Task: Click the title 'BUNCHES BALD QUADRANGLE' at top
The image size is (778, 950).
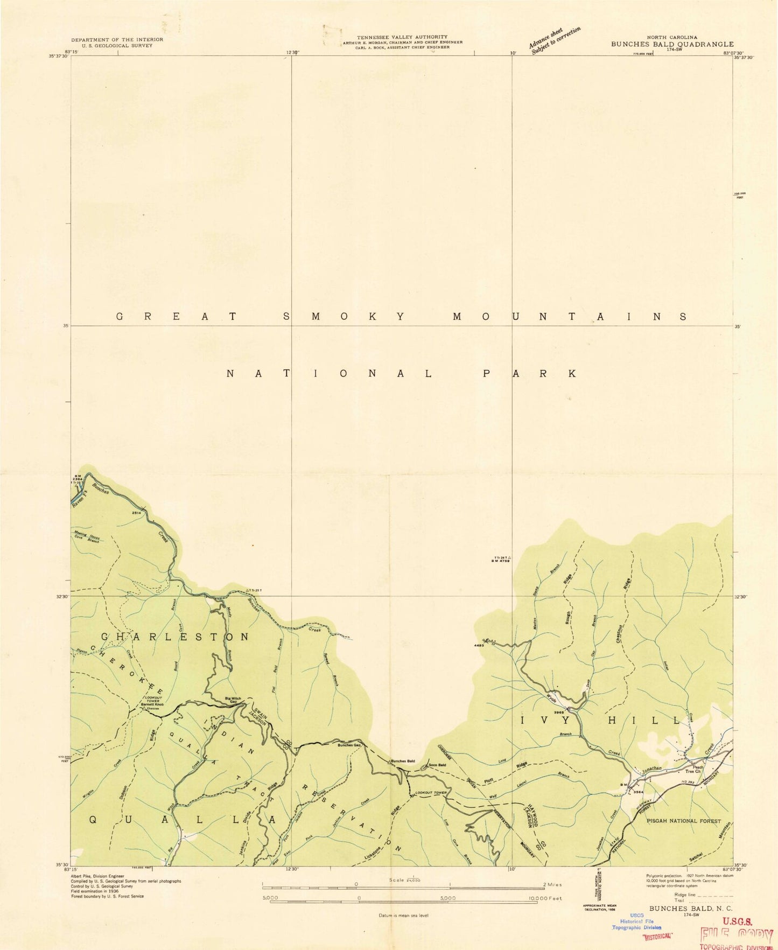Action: click(x=671, y=44)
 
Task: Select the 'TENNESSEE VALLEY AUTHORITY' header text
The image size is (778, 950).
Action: click(x=402, y=37)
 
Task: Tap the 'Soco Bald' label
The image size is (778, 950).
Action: click(x=437, y=765)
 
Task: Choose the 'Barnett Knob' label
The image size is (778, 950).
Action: click(x=152, y=704)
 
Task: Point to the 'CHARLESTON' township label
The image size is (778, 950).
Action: click(x=175, y=637)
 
